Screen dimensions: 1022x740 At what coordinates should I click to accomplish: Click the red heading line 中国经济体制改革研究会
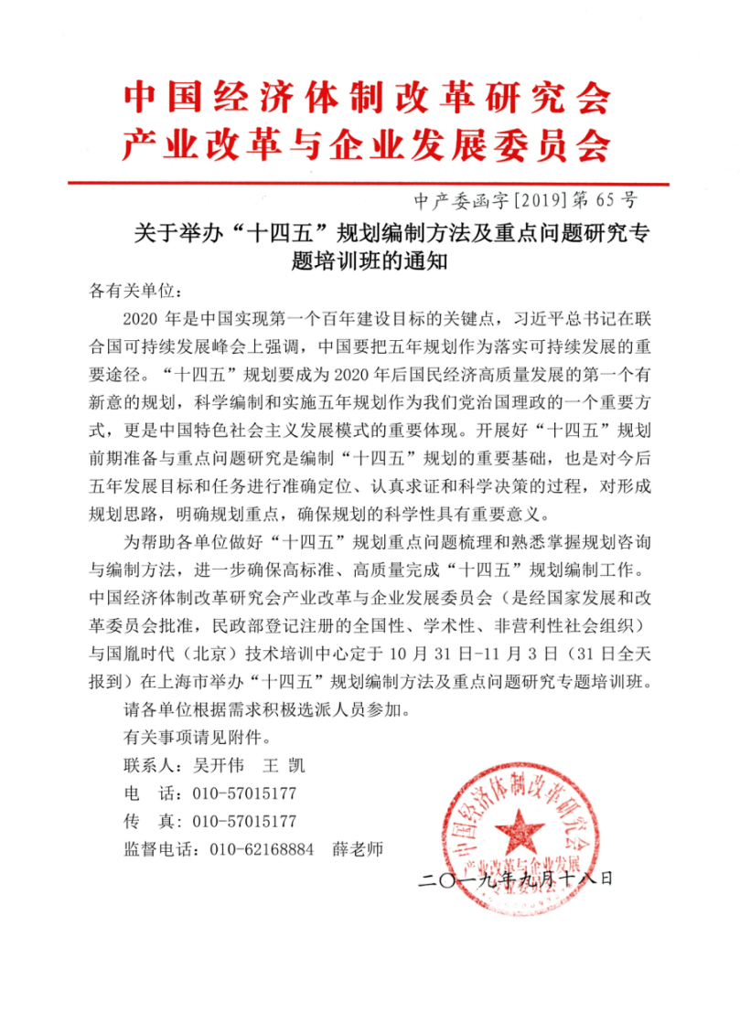tap(366, 96)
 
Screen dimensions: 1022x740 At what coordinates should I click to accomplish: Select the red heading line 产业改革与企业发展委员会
tap(366, 144)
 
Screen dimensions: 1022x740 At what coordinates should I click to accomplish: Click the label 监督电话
tap(156, 849)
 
